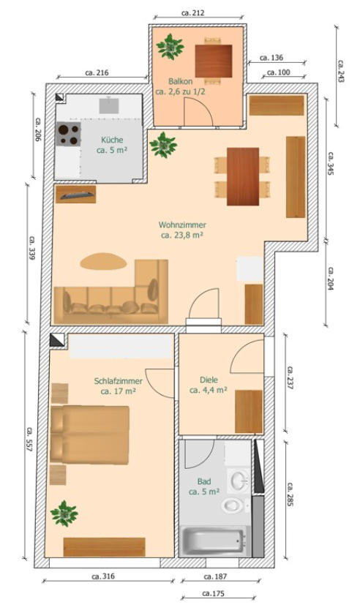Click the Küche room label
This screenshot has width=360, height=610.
click(112, 140)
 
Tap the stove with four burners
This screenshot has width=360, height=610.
click(69, 135)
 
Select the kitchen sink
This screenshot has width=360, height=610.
click(109, 105)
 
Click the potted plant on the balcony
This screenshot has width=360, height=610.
click(170, 47)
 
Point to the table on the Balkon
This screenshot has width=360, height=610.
click(213, 61)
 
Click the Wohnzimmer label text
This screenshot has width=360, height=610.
click(182, 225)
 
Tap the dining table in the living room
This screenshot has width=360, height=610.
click(243, 176)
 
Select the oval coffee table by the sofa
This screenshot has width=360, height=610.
click(103, 261)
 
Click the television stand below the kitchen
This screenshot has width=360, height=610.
click(75, 194)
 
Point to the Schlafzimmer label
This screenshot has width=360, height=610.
click(118, 381)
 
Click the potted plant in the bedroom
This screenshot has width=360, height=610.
click(64, 513)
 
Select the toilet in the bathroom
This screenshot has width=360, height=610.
click(233, 505)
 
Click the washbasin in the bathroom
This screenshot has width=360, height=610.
click(239, 480)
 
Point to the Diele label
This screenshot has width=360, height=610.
click(209, 380)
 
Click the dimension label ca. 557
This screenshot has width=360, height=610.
click(29, 440)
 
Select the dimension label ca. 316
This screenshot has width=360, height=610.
click(103, 576)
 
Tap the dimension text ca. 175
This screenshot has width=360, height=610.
click(213, 593)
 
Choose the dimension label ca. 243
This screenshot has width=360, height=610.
click(341, 71)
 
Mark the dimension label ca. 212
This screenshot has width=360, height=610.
click(192, 13)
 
